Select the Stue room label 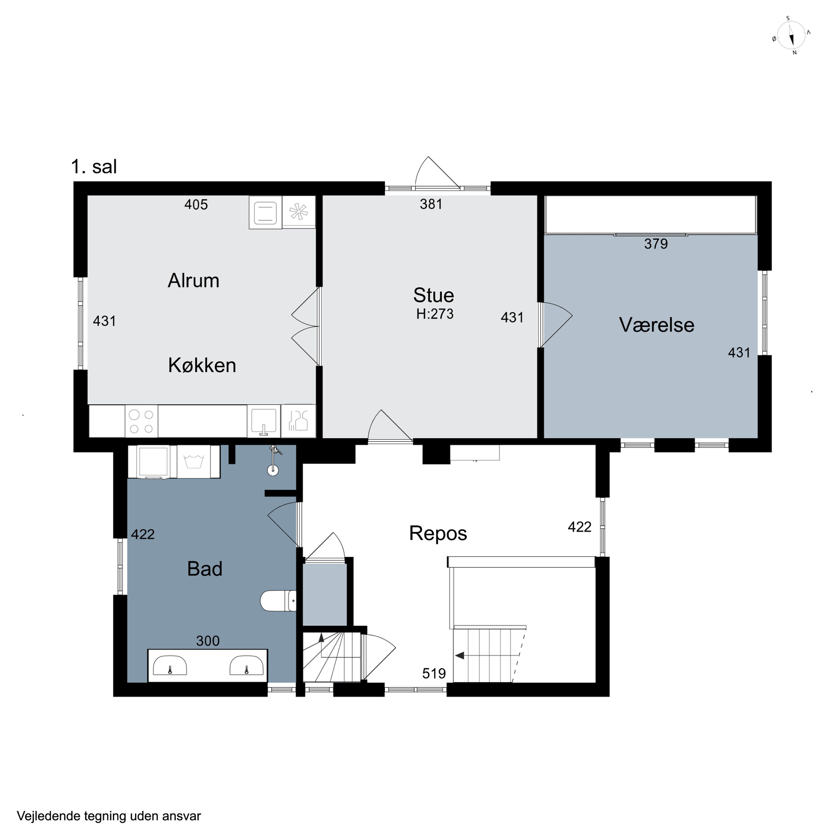point(433,295)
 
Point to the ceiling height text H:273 point(435,314)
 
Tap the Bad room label point(204,569)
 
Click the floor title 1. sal point(94,166)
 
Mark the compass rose point(791,35)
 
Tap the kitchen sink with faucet point(264,421)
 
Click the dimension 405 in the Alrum point(196,204)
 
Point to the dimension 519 point(434,673)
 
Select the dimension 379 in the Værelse point(656,244)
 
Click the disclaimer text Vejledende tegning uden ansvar point(109,816)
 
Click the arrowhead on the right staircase point(460,656)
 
